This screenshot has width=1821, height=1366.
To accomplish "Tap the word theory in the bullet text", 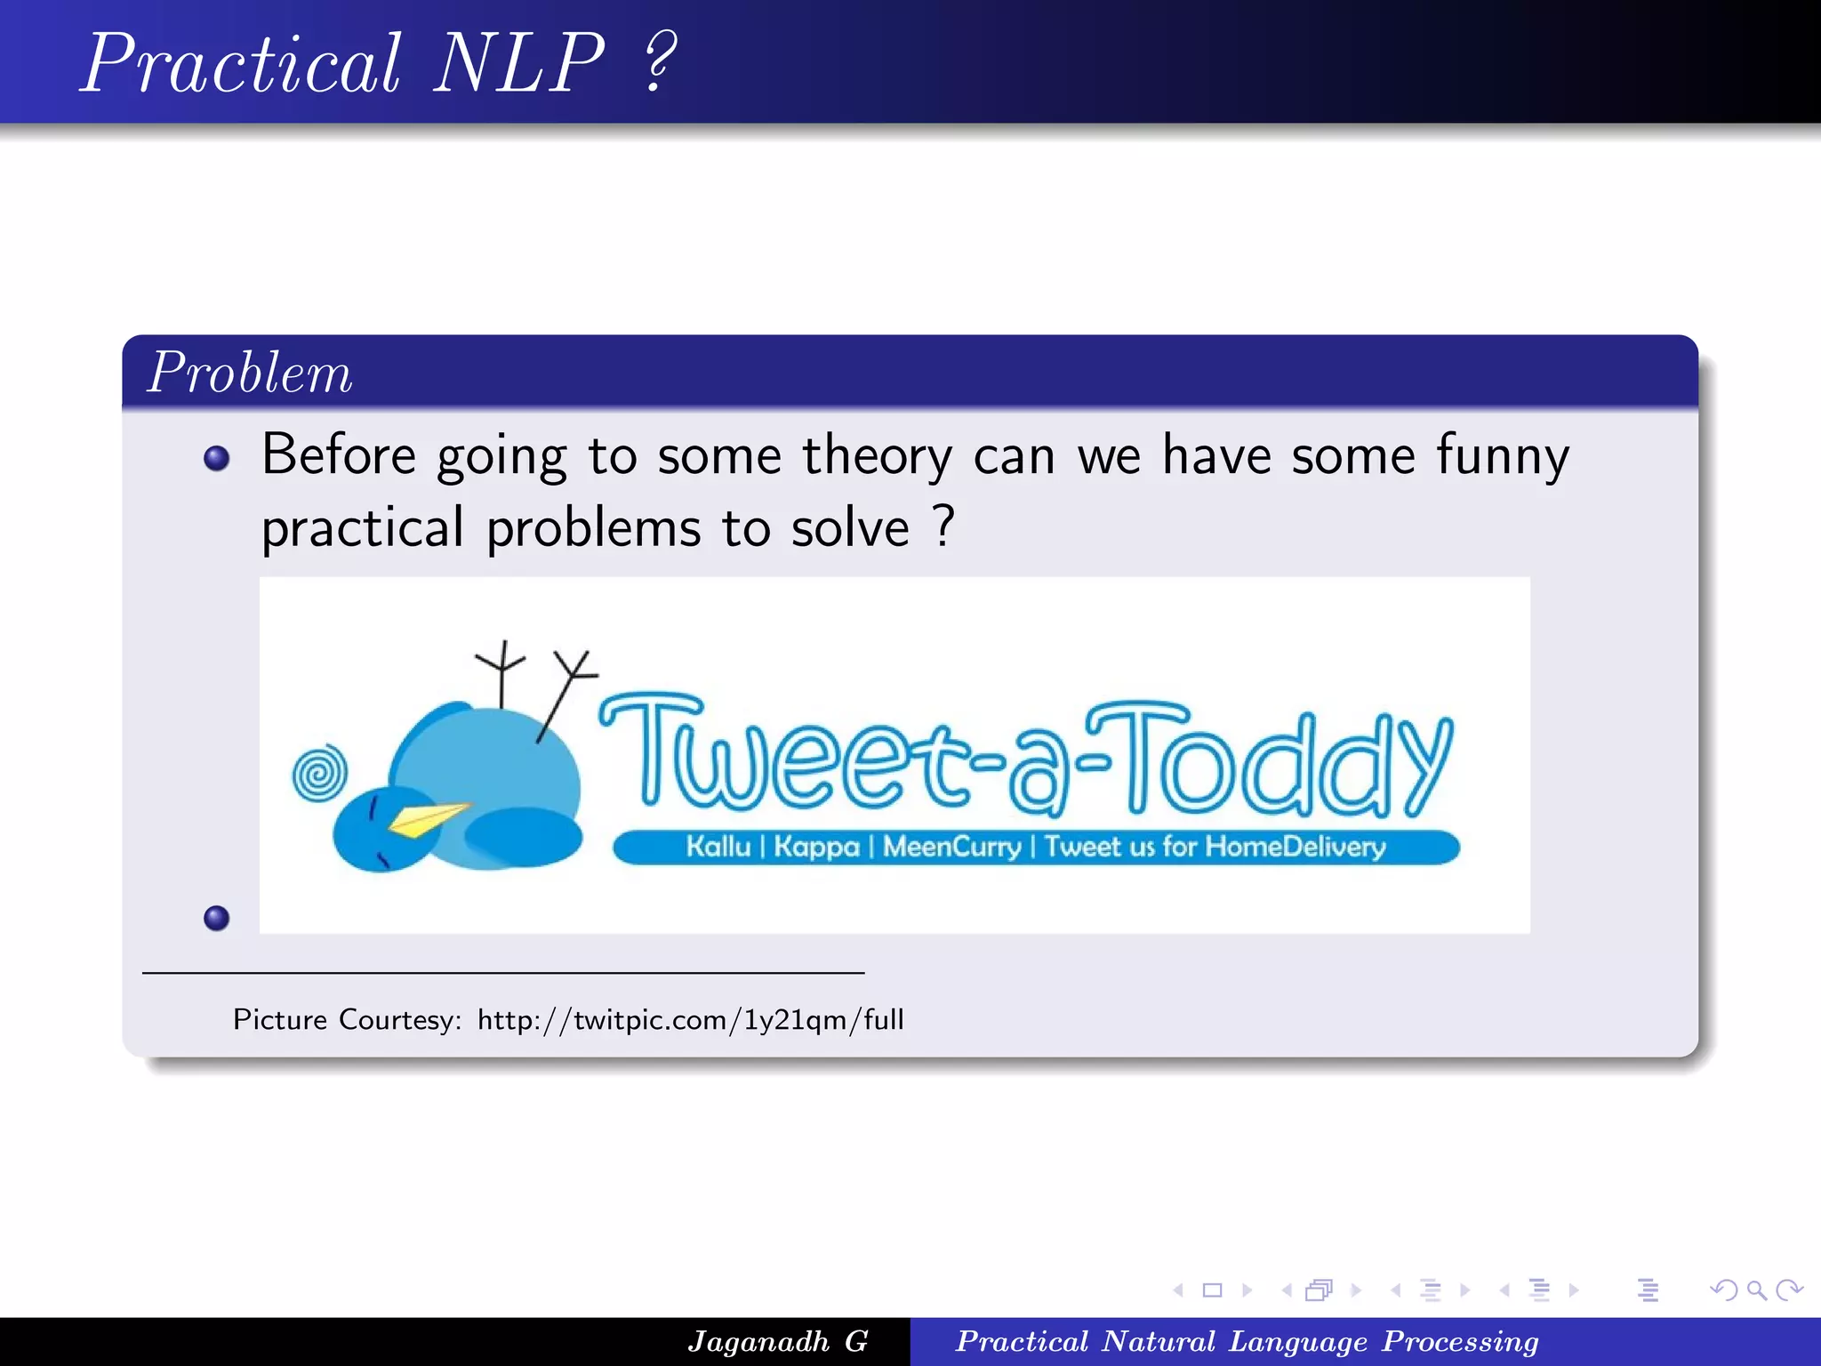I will pyautogui.click(x=877, y=456).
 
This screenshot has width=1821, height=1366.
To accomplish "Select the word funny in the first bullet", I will pyautogui.click(x=1503, y=456).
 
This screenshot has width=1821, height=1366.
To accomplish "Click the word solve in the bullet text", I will pyautogui.click(x=850, y=528).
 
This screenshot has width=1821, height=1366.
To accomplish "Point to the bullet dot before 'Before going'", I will pyautogui.click(x=216, y=458).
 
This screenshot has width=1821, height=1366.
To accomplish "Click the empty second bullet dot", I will pyautogui.click(x=216, y=918).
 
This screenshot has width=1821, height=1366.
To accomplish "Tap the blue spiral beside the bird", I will pyautogui.click(x=320, y=772).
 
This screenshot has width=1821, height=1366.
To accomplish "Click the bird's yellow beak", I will pyautogui.click(x=428, y=818).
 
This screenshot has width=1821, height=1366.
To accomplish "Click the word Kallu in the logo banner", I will pyautogui.click(x=718, y=846).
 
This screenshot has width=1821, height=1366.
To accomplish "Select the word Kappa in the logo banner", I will pyautogui.click(x=816, y=846).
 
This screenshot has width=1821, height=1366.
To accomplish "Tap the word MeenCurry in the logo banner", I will pyautogui.click(x=951, y=846).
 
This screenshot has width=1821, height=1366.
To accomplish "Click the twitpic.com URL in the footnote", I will pyautogui.click(x=690, y=1019).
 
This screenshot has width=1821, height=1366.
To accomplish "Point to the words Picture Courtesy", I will pyautogui.click(x=347, y=1019).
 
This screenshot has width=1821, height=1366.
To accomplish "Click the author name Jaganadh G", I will pyautogui.click(x=778, y=1341).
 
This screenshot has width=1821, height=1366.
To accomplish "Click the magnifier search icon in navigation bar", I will pyautogui.click(x=1756, y=1290).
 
